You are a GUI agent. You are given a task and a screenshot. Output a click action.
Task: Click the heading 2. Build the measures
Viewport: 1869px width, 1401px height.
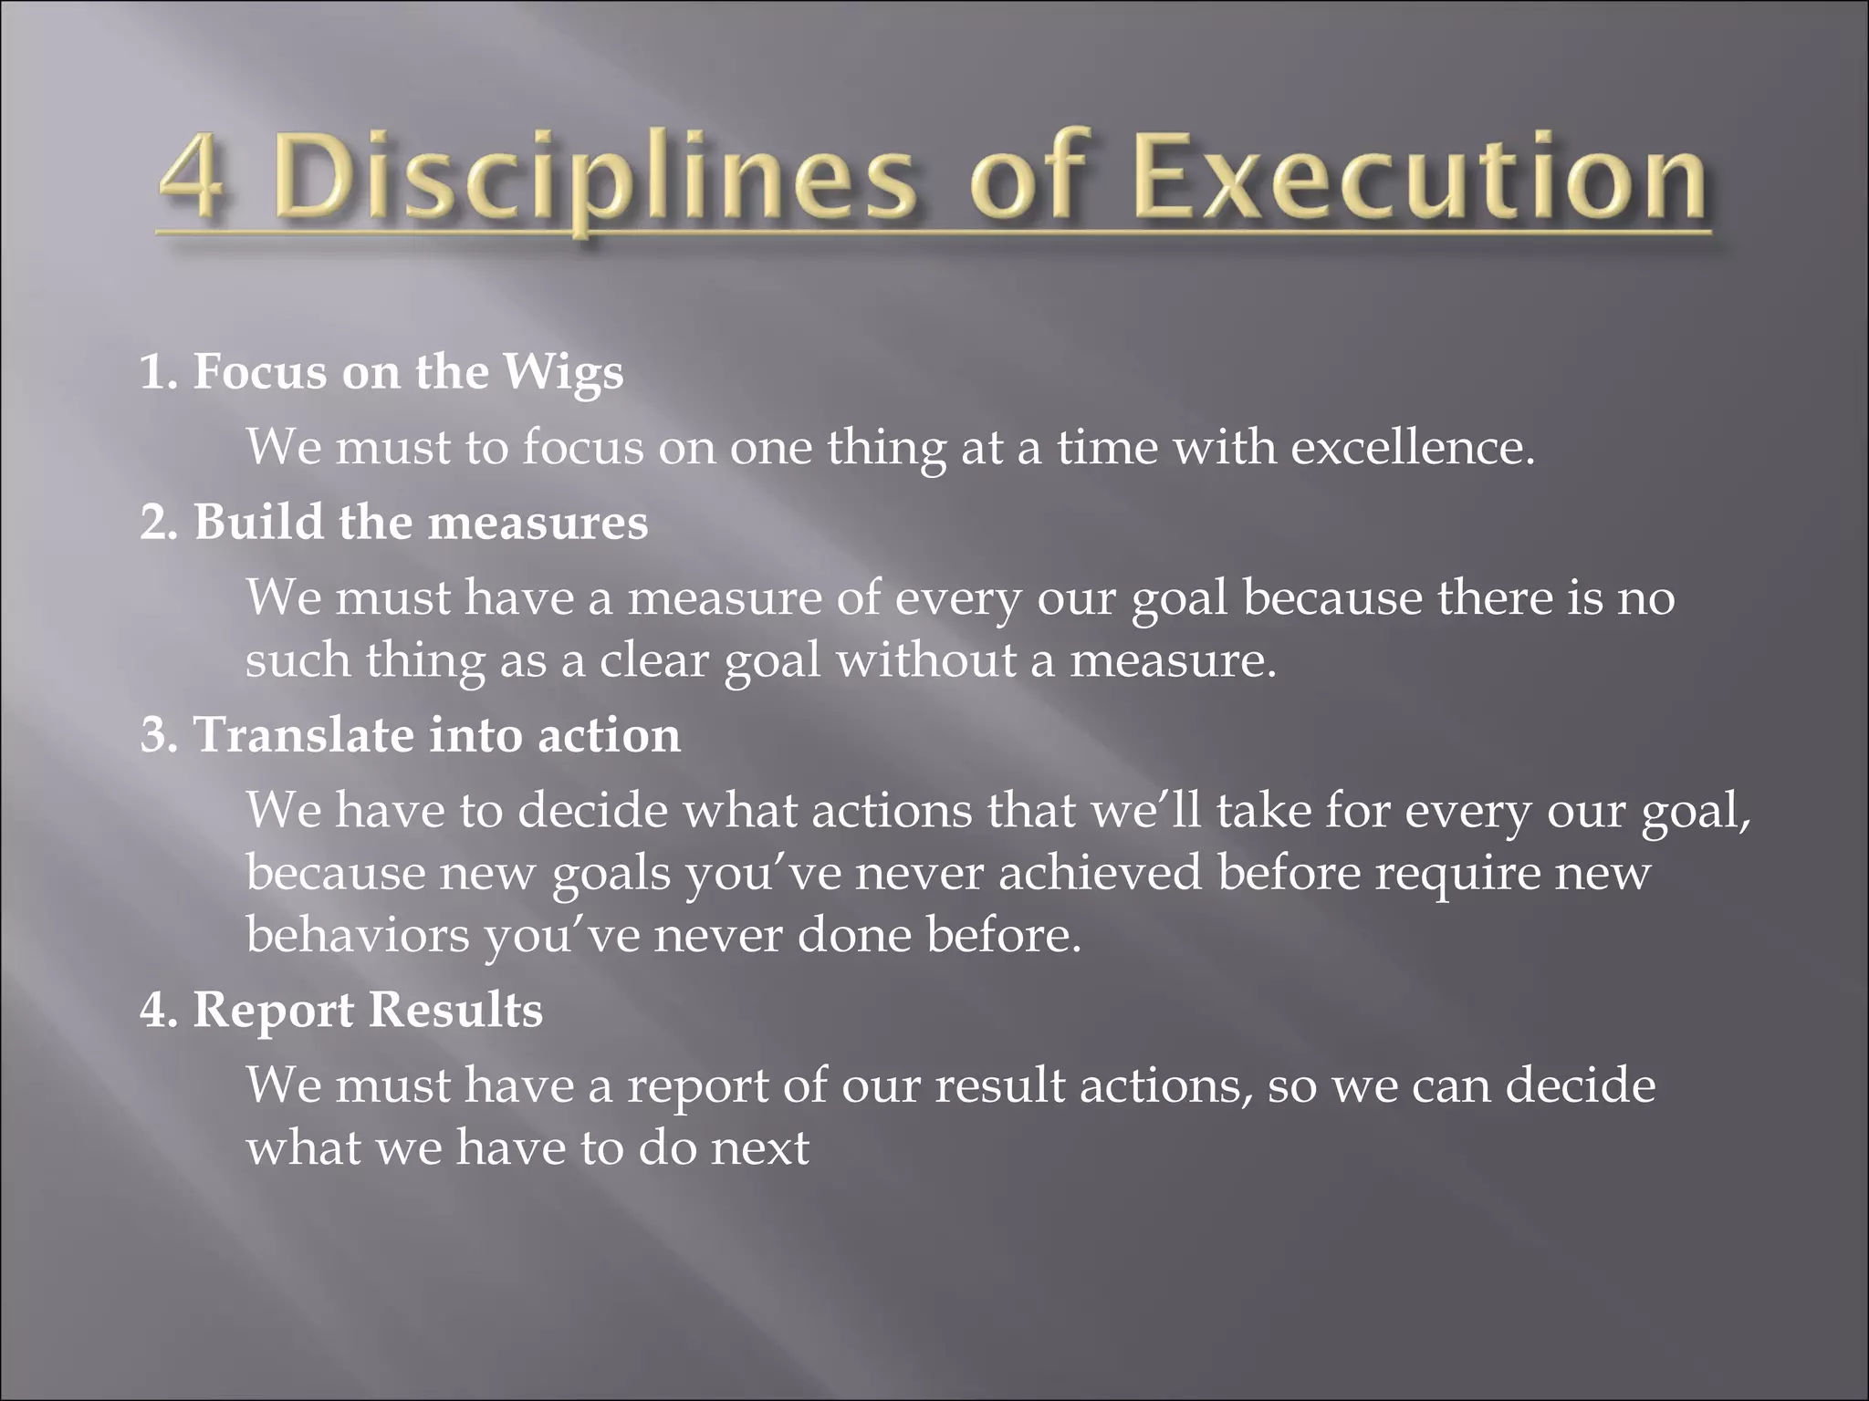coord(394,523)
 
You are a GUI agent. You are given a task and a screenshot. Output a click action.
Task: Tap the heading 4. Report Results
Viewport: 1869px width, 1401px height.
coord(341,1011)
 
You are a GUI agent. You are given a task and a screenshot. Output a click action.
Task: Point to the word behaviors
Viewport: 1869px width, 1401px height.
coord(357,935)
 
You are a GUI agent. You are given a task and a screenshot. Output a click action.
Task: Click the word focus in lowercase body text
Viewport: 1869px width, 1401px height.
coord(583,448)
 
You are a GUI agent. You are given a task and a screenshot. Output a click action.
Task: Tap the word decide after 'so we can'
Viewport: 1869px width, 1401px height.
coord(1580,1085)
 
